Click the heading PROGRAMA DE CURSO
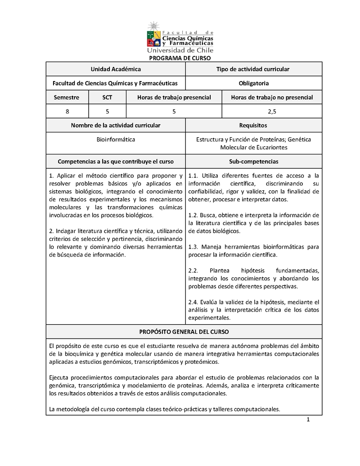[180, 58]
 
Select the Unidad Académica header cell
[116, 69]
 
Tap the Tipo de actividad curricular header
[253, 69]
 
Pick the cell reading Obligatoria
[254, 83]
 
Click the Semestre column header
[67, 97]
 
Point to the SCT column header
[107, 97]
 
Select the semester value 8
[67, 111]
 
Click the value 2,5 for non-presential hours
[272, 111]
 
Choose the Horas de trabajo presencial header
[174, 97]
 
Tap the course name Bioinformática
[116, 140]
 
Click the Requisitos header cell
[253, 125]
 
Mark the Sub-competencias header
[253, 161]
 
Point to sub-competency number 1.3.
[193, 247]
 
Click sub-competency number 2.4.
[193, 302]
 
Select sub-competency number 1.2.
[193, 215]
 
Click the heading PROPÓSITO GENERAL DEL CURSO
[184, 331]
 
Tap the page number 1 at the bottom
[308, 420]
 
